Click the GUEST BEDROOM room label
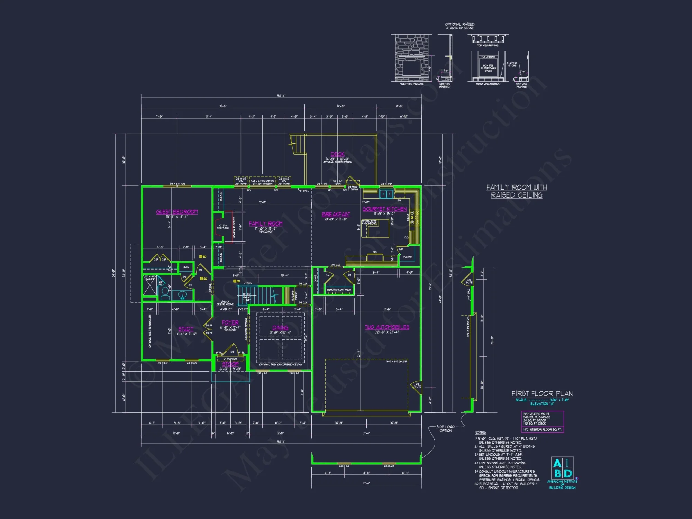[177, 212]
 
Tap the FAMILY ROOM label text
[266, 224]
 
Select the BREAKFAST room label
[336, 215]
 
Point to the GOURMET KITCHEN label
[384, 209]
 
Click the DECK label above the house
[337, 154]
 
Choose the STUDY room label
[186, 329]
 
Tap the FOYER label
[230, 322]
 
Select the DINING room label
[280, 328]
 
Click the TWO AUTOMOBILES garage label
[387, 327]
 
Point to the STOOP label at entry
[230, 364]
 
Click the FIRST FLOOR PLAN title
[542, 394]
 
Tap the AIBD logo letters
[562, 468]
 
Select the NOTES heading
[480, 433]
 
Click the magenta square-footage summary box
[542, 421]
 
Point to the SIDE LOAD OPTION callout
[445, 429]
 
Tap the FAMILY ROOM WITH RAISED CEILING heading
[517, 191]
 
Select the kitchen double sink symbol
[386, 194]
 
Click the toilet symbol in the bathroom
[165, 292]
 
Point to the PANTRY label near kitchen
[408, 257]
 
